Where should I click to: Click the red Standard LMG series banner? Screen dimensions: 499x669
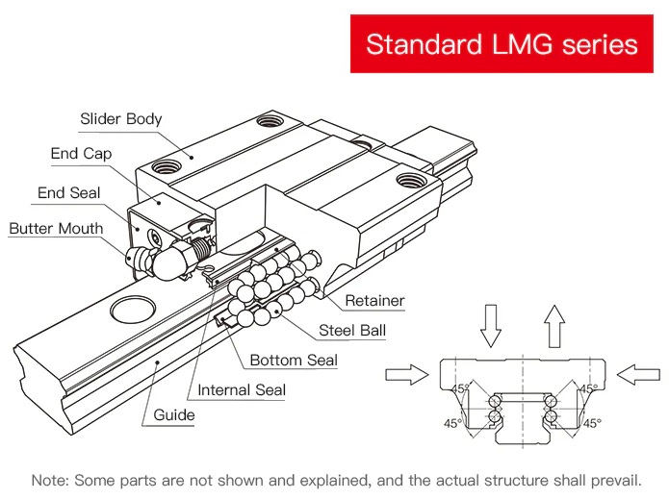click(502, 44)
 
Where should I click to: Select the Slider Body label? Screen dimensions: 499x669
click(120, 119)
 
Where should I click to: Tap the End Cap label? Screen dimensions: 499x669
click(81, 154)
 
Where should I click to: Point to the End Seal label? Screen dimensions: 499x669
click(68, 193)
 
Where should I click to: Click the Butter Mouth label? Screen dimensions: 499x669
click(56, 229)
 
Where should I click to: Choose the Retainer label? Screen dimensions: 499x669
click(374, 301)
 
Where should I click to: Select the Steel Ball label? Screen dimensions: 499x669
click(352, 332)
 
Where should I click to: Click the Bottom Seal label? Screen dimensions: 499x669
click(294, 361)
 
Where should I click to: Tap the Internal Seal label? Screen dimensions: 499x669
click(242, 390)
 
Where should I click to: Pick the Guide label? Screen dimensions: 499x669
click(174, 416)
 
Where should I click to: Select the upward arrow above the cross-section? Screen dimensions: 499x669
click(553, 326)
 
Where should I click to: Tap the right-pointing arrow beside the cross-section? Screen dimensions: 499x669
click(404, 374)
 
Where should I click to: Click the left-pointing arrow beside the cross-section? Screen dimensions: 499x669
click(638, 374)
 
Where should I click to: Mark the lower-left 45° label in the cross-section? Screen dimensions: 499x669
click(452, 423)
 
